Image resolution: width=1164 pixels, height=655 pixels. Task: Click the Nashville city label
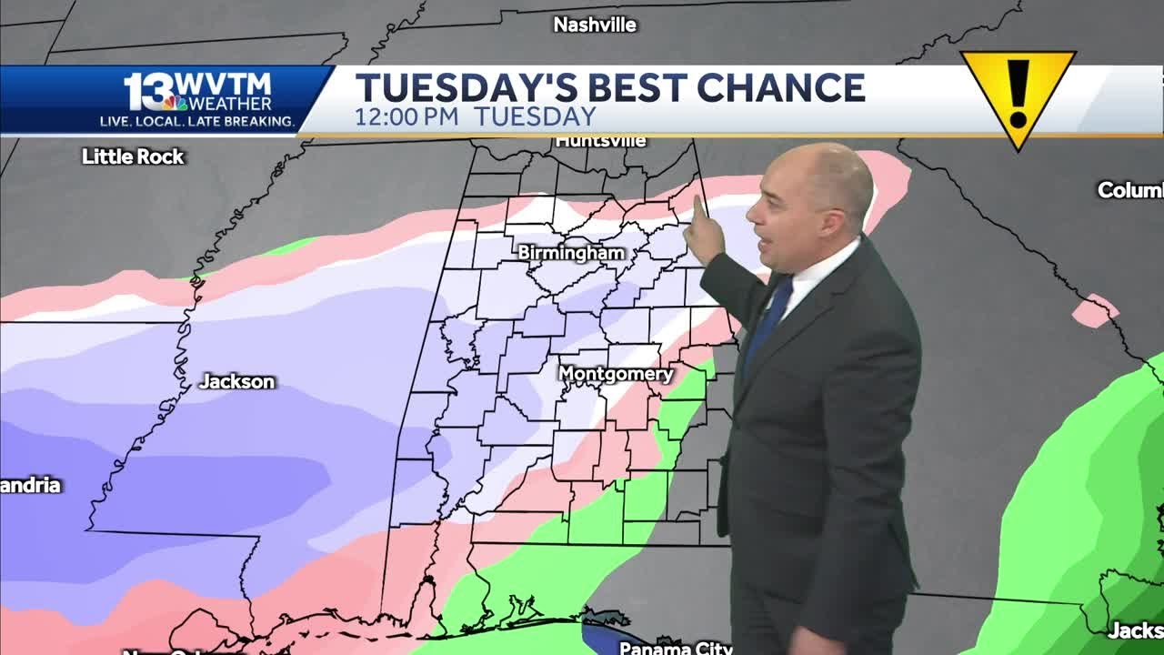click(595, 25)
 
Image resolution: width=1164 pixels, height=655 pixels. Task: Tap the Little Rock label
click(133, 156)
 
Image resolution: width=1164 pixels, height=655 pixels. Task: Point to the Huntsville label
click(600, 141)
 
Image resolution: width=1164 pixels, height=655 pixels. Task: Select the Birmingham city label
click(571, 253)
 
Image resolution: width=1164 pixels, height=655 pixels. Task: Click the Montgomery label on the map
click(616, 374)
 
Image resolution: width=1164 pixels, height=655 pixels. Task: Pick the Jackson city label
click(236, 381)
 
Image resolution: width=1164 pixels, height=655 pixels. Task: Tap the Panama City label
click(676, 648)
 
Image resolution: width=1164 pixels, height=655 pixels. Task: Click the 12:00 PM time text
click(408, 117)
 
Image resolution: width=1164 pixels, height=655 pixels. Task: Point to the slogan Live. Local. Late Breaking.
click(196, 121)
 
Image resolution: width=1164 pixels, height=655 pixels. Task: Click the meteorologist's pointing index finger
click(698, 207)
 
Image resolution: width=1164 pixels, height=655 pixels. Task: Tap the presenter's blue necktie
click(769, 318)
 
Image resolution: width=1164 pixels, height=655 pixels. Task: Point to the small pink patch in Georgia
click(1094, 310)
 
